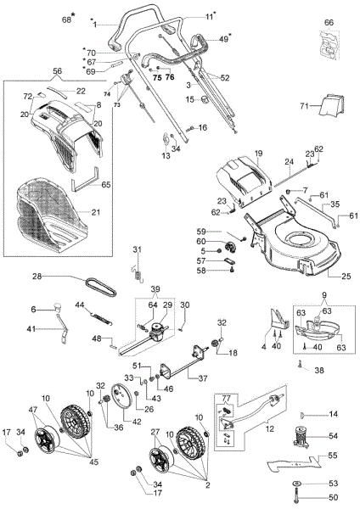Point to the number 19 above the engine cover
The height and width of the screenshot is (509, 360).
pos(258,153)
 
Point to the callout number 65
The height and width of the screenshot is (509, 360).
pos(106,183)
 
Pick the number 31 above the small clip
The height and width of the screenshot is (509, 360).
pos(135,248)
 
